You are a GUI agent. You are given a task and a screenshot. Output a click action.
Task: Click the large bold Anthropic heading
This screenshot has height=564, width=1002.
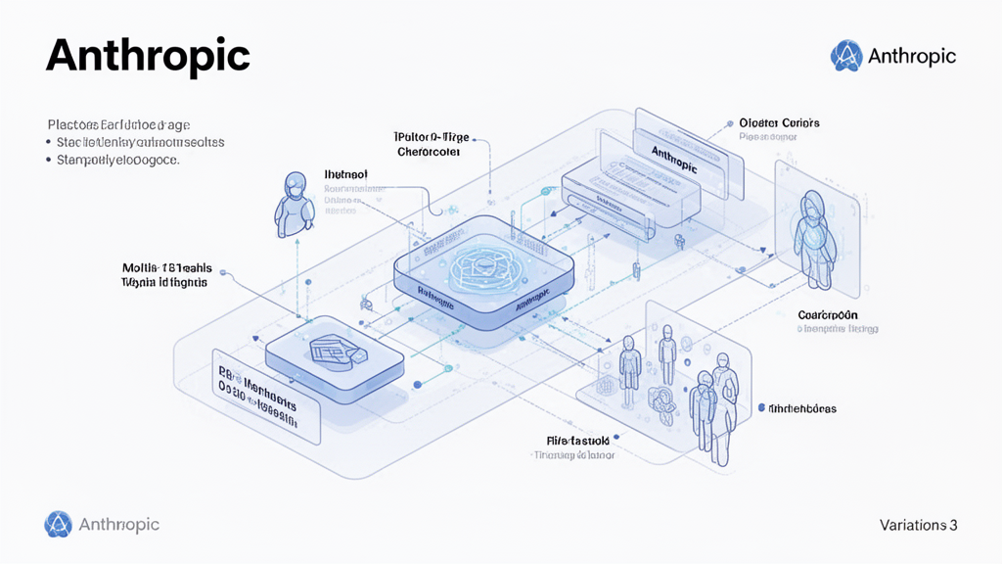click(148, 57)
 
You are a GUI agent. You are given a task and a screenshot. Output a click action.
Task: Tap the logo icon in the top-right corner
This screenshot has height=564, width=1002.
click(845, 56)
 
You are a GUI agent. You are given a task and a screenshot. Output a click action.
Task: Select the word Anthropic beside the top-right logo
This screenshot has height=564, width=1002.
click(911, 57)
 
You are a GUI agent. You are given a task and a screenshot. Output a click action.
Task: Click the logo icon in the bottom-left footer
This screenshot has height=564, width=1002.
click(58, 525)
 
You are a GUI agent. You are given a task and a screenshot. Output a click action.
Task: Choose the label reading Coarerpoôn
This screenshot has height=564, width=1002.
click(829, 315)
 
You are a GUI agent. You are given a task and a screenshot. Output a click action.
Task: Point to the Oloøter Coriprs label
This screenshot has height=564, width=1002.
click(780, 123)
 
